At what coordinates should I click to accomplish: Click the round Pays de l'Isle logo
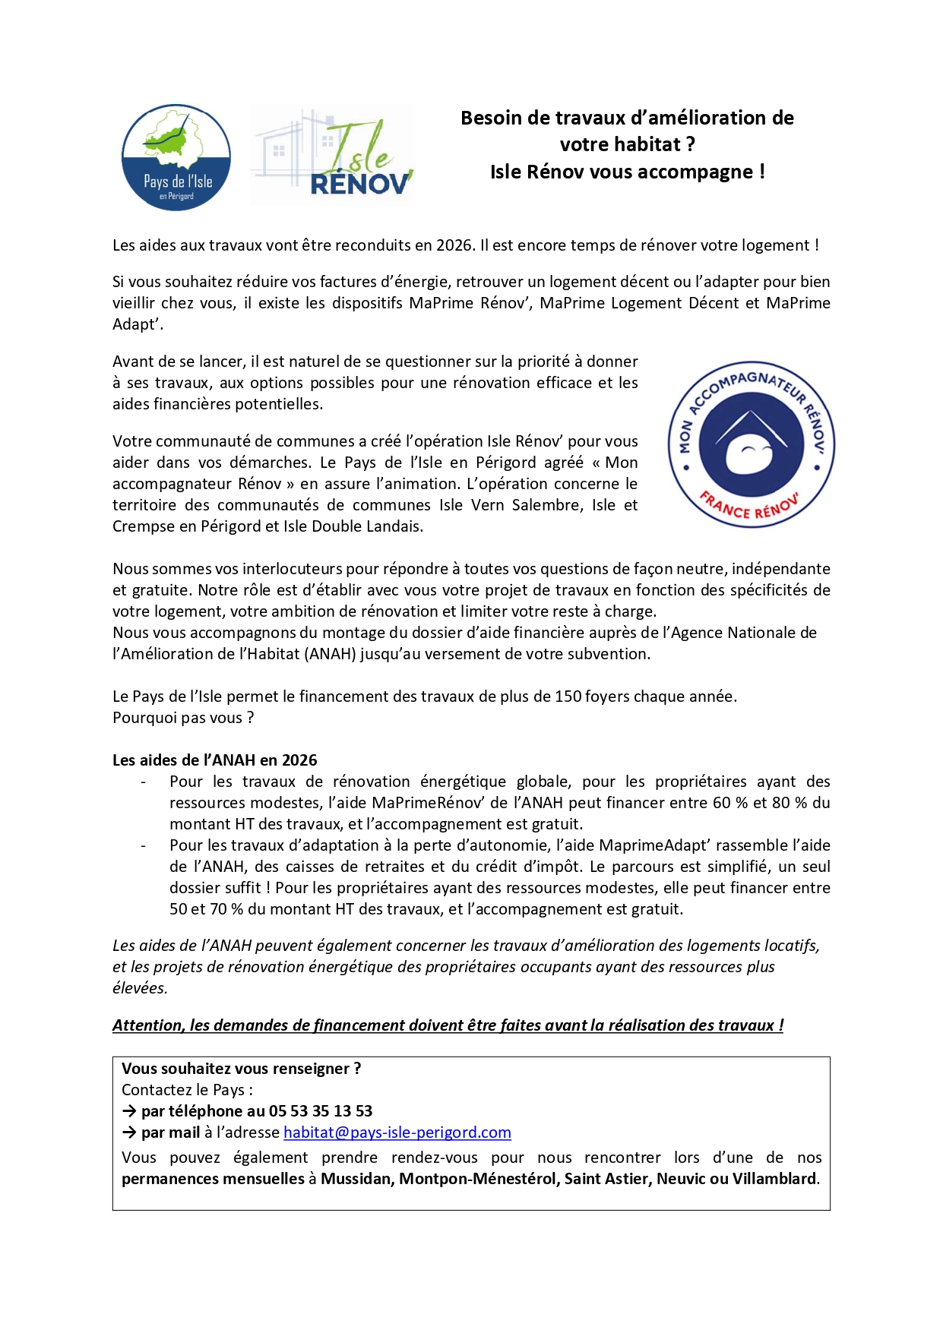point(176,157)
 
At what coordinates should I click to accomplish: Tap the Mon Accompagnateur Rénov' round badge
point(751,444)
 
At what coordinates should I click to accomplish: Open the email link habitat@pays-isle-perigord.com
point(397,1132)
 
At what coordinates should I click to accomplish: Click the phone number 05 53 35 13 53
point(321,1111)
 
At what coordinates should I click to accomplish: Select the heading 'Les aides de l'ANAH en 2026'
point(214,760)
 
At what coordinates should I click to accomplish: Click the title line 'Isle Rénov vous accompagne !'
point(627,172)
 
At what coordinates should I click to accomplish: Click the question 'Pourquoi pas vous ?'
point(183,718)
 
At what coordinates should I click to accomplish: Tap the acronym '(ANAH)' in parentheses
point(331,654)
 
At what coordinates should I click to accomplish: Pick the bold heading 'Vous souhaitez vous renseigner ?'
point(241,1069)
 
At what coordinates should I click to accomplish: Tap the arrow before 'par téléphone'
point(129,1111)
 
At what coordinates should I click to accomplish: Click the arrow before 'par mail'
point(129,1132)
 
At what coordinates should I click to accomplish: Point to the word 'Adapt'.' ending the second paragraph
point(138,324)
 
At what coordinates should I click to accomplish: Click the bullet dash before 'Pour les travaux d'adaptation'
point(143,845)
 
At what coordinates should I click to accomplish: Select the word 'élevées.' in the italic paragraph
point(140,988)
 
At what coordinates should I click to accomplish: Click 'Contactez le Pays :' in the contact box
point(187,1090)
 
